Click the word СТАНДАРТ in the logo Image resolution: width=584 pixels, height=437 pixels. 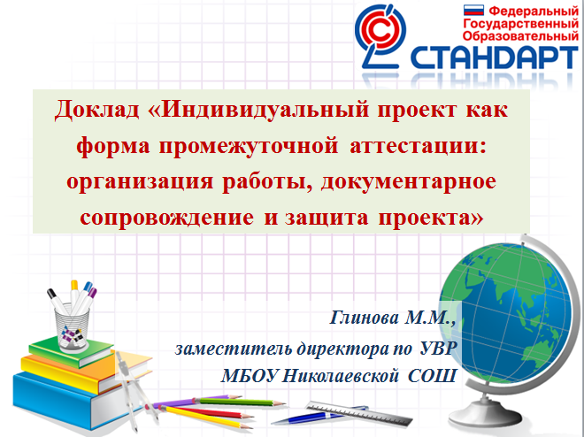495,57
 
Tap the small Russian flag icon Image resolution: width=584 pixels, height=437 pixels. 473,10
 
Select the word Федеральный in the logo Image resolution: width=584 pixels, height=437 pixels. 534,11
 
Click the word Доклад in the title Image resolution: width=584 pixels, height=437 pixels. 96,110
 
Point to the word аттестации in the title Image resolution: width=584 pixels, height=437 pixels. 419,146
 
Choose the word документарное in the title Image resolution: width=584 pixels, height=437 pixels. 409,182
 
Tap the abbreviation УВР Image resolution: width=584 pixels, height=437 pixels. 438,349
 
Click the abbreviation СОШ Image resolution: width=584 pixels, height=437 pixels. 432,376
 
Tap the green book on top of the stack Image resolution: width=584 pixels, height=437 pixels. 71,352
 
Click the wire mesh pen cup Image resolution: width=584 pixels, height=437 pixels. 72,327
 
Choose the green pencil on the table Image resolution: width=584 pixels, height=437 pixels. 242,402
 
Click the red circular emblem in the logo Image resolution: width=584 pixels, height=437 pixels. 381,31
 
